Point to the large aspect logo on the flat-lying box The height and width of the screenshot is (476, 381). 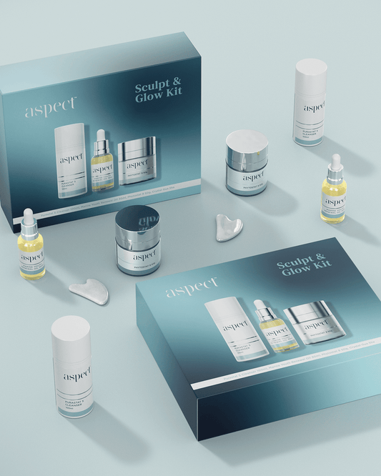tap(192, 287)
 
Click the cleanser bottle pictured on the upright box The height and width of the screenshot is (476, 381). tap(71, 160)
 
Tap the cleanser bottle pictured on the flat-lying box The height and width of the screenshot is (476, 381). tap(236, 327)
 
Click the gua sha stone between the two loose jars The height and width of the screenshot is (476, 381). tap(229, 227)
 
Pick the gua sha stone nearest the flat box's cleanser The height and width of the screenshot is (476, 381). tap(89, 291)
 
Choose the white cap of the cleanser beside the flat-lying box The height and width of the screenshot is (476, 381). tap(71, 334)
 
